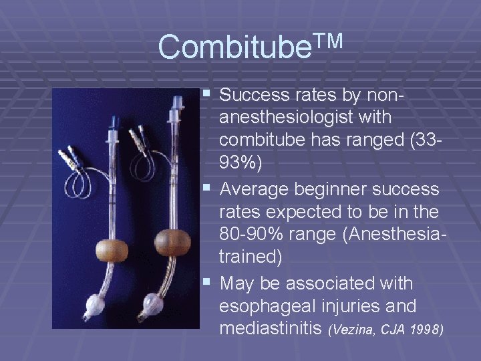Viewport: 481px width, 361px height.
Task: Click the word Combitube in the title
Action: coord(231,47)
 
